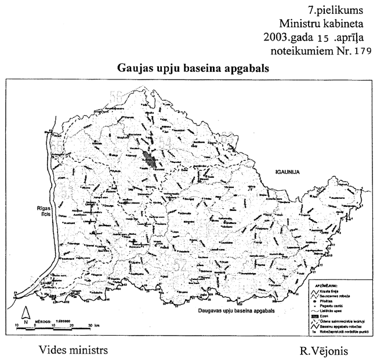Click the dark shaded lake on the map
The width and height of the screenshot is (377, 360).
pyautogui.click(x=150, y=158)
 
